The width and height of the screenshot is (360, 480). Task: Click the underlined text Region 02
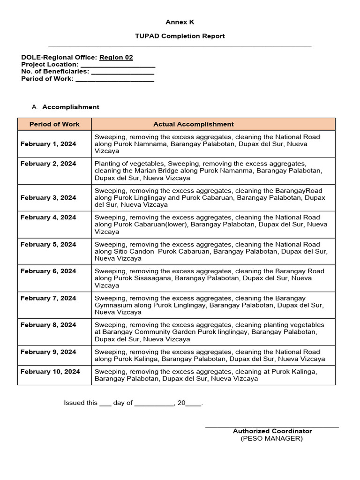tap(116, 57)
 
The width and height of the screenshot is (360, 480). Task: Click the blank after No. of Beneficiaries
tap(122, 72)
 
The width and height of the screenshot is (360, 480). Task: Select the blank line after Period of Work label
tap(115, 79)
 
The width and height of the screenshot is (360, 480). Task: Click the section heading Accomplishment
tap(71, 107)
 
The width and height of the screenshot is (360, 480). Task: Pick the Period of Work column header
tap(54, 124)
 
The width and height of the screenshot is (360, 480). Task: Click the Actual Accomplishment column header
tap(194, 124)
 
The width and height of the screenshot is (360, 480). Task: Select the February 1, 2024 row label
tap(48, 144)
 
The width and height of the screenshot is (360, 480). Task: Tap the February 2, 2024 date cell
tap(48, 164)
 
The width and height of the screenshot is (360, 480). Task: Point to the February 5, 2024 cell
tap(48, 244)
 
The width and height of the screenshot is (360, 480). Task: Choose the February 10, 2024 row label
tap(50, 371)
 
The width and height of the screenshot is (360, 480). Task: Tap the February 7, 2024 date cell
tap(48, 298)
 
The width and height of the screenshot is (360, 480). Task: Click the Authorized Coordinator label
tap(272, 431)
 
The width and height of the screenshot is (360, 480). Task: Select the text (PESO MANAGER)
tap(272, 438)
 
